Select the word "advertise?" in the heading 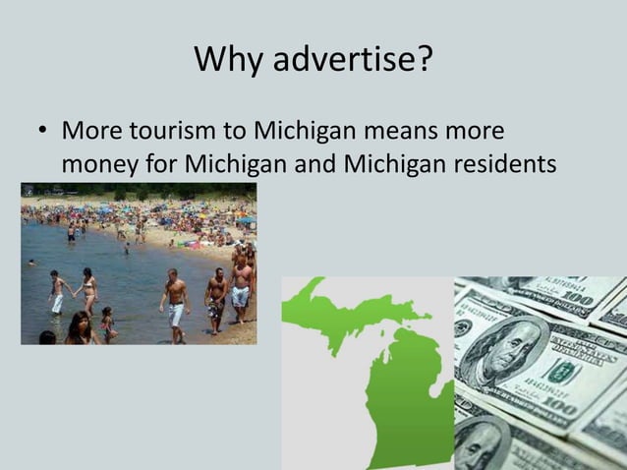click(352, 61)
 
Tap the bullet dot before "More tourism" click(40, 132)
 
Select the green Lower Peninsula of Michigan click(408, 393)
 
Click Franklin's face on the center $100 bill click(504, 349)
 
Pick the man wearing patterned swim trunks click(216, 300)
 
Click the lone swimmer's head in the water click(32, 263)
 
